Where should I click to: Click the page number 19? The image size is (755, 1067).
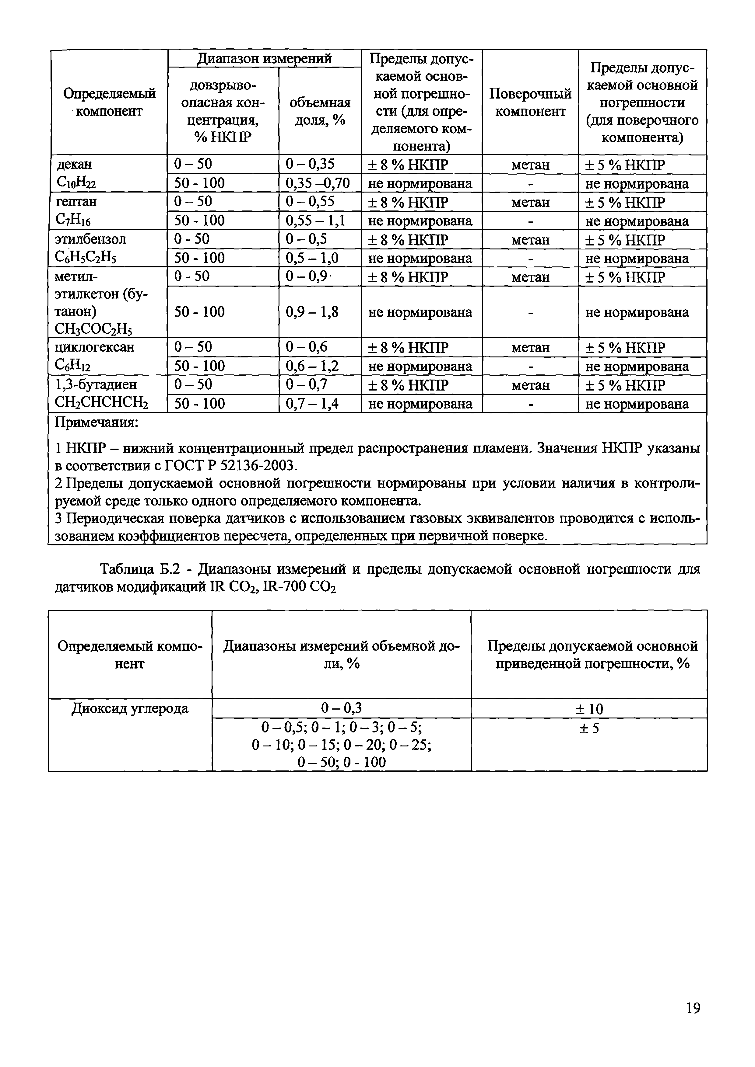click(x=693, y=1021)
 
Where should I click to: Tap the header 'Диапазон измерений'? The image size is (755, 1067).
click(x=264, y=59)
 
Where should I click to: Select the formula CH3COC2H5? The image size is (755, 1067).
click(x=93, y=329)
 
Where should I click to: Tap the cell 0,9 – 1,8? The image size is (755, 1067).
click(x=312, y=312)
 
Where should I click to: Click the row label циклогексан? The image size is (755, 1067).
click(x=94, y=347)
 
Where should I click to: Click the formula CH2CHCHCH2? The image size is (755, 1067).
click(x=101, y=403)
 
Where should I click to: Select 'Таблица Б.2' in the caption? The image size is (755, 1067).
click(x=139, y=569)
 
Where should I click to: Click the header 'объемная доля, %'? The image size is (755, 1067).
click(x=320, y=112)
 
